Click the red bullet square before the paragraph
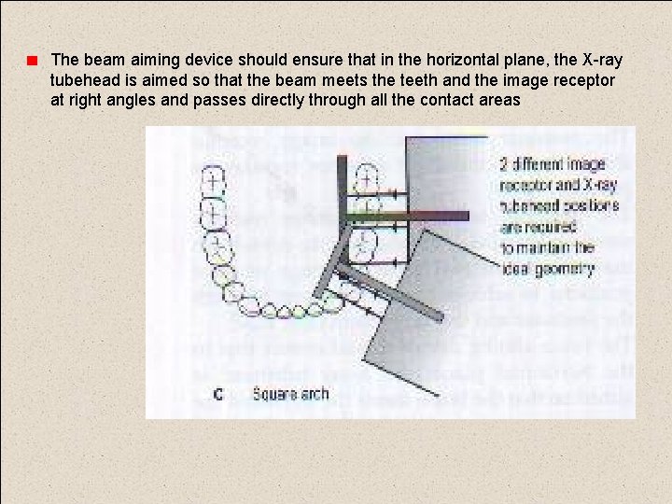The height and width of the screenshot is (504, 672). pyautogui.click(x=31, y=62)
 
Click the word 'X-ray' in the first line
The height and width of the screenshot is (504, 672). pyautogui.click(x=602, y=61)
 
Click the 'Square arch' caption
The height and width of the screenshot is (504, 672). pyautogui.click(x=290, y=394)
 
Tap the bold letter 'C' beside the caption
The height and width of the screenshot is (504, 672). pyautogui.click(x=217, y=395)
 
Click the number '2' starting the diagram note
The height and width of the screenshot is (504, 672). pyautogui.click(x=504, y=164)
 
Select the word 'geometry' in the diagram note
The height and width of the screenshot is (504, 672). pyautogui.click(x=564, y=269)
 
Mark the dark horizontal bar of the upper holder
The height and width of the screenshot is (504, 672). pyautogui.click(x=392, y=218)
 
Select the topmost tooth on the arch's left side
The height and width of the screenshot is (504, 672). pyautogui.click(x=214, y=177)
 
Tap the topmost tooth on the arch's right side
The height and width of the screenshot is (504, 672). pyautogui.click(x=370, y=175)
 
